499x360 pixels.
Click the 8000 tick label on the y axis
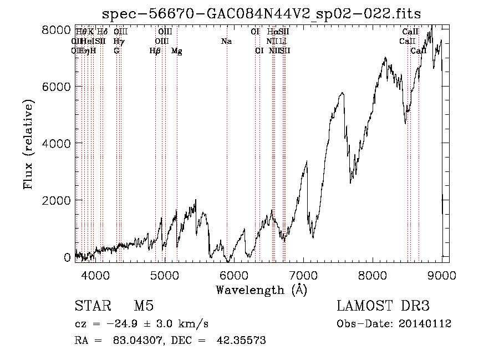click(57, 30)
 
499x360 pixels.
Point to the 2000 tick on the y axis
click(57, 200)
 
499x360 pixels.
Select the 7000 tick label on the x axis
click(303, 274)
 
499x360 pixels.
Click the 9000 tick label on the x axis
click(442, 274)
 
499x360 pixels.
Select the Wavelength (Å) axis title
click(261, 290)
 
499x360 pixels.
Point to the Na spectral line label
click(226, 42)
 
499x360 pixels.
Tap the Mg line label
click(176, 51)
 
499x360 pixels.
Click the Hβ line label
click(155, 51)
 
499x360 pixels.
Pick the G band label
click(116, 51)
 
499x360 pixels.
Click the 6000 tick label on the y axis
click(57, 87)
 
